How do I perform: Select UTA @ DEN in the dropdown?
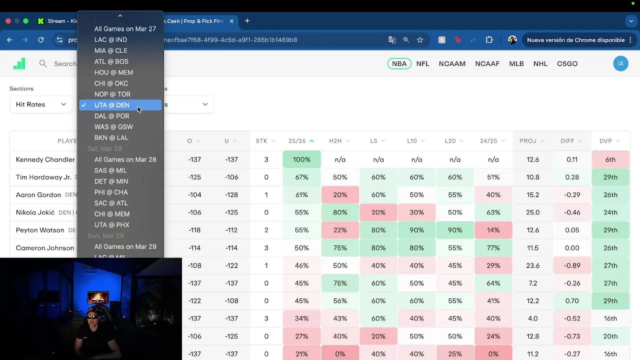click(112, 105)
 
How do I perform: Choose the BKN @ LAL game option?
click(111, 137)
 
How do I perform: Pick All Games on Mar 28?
click(125, 159)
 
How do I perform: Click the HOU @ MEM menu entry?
click(113, 72)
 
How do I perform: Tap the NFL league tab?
click(422, 63)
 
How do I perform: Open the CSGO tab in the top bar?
click(567, 63)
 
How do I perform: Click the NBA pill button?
click(399, 63)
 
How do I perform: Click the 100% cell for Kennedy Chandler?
click(301, 159)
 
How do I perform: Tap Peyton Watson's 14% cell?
click(493, 230)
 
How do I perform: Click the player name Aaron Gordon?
click(38, 195)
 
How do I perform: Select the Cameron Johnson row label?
click(45, 248)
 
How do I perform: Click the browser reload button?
click(41, 40)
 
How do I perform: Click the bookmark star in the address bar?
click(420, 40)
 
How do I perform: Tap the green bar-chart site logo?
click(19, 63)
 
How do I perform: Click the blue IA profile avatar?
click(620, 63)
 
